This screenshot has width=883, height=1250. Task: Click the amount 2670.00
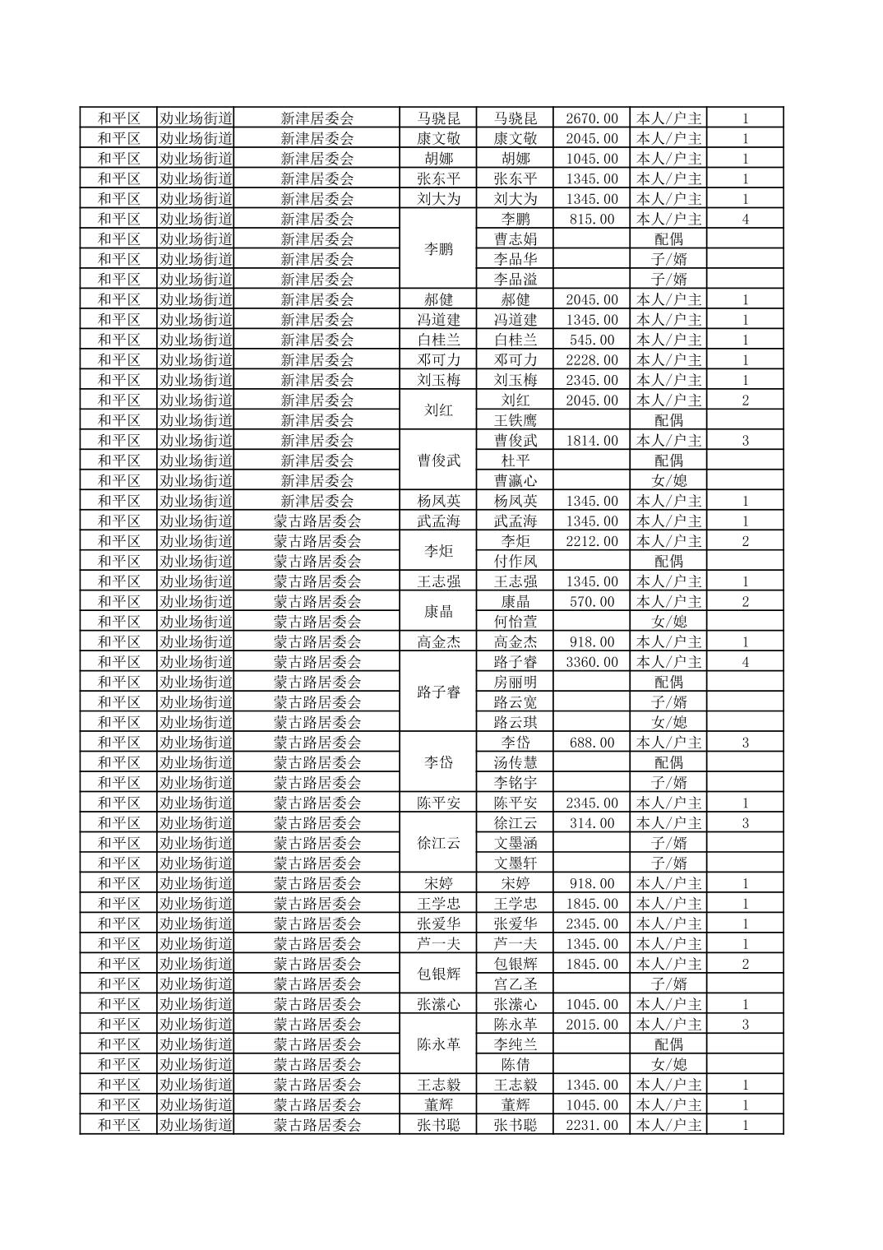coord(591,118)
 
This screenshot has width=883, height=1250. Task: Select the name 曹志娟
coord(515,239)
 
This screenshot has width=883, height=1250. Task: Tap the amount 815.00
coord(591,219)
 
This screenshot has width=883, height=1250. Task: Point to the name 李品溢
coord(515,280)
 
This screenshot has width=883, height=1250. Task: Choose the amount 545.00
coord(591,340)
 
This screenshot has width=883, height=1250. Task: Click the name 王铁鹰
coord(515,420)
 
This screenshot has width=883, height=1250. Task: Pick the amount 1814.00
coord(591,441)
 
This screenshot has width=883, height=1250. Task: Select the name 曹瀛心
coord(515,481)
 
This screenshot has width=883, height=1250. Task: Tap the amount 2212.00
coord(591,541)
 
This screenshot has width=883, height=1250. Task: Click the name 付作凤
coord(515,561)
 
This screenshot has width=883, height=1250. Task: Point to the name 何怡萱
coord(515,622)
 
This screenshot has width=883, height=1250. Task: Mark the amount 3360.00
coord(591,662)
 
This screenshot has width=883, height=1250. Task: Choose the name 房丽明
coord(515,682)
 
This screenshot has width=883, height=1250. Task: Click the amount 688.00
coord(591,743)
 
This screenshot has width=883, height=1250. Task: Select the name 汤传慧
coord(515,762)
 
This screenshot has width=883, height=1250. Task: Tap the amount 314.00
coord(591,823)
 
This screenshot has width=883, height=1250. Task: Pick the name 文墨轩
coord(515,863)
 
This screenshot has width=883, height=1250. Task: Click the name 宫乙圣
coord(515,984)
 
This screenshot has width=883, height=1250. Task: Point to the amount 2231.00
coord(591,1125)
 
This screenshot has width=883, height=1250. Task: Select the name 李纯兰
coord(515,1044)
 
